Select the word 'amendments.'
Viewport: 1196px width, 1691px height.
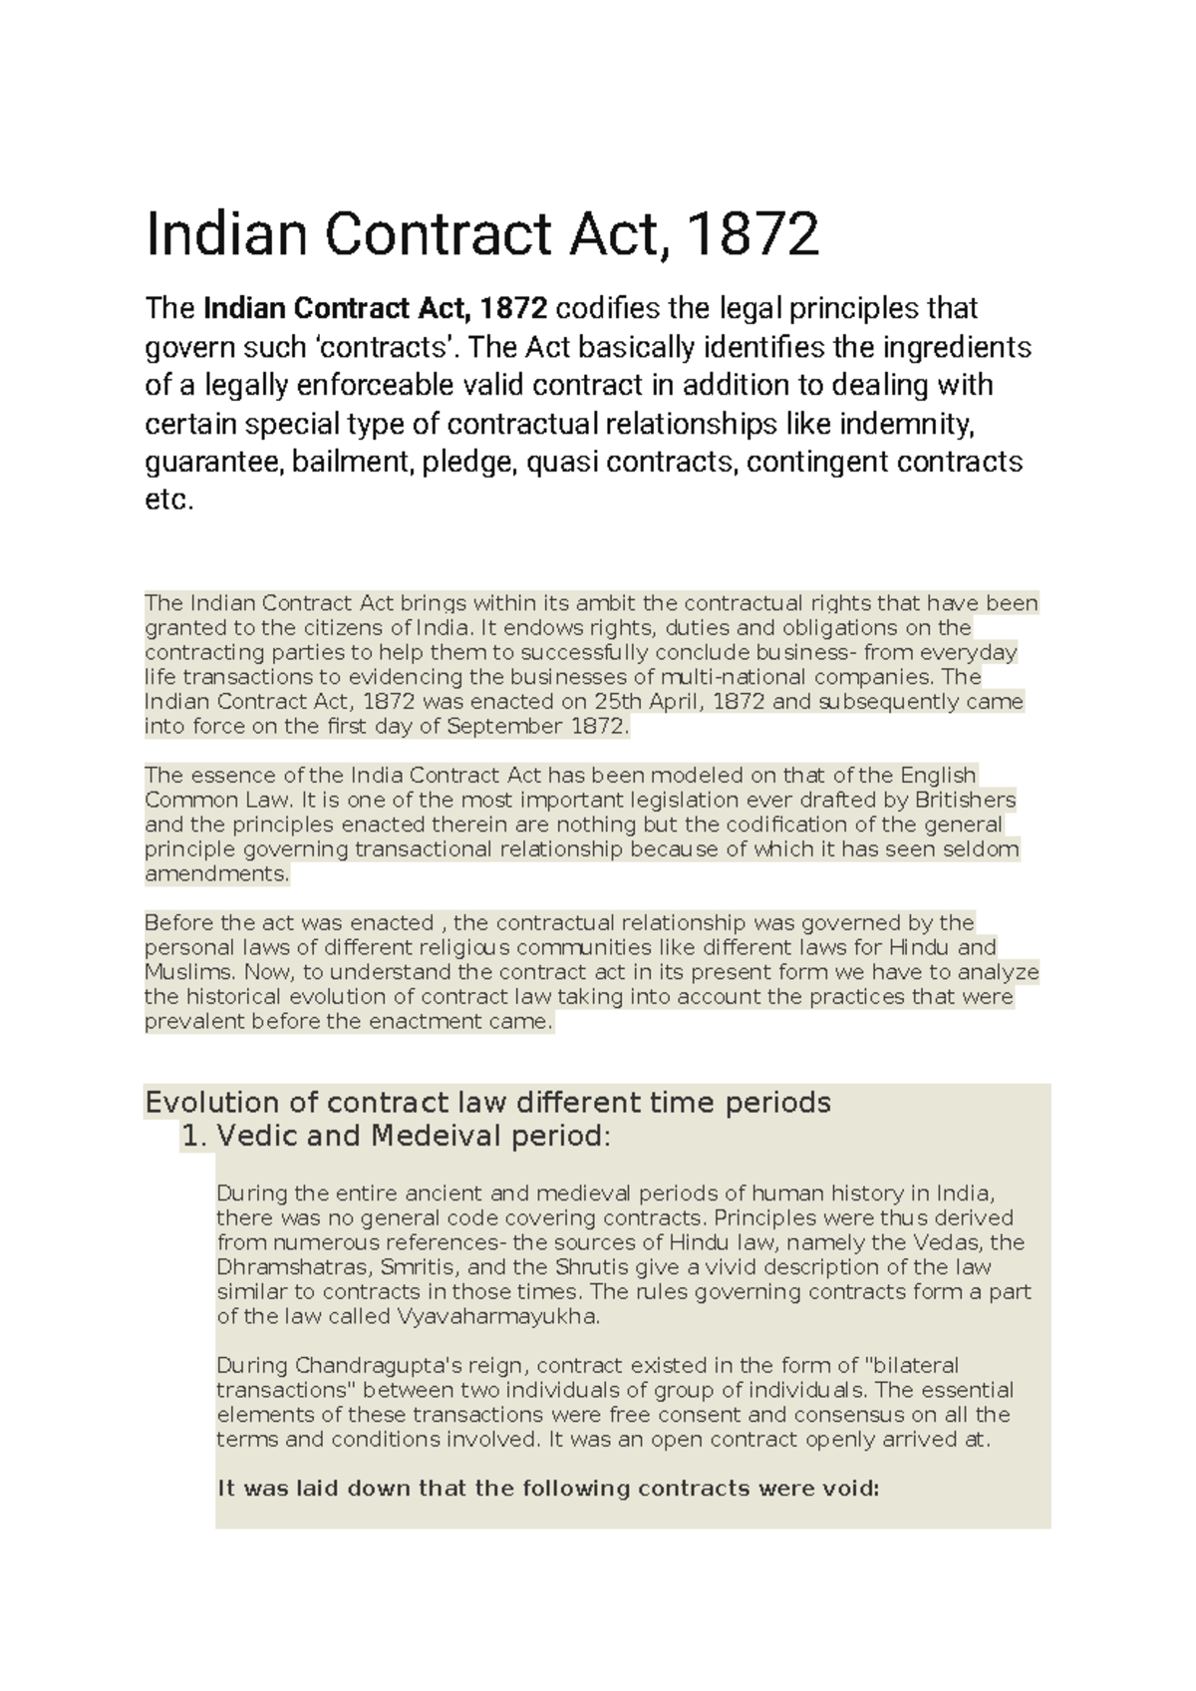point(217,874)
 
